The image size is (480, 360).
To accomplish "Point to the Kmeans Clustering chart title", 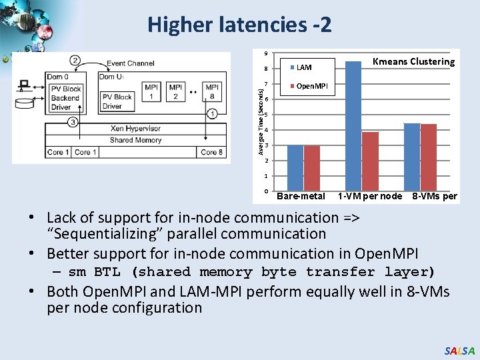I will click(413, 62).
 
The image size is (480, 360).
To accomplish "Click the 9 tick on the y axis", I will click(265, 53).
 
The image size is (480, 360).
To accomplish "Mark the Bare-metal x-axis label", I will click(301, 196).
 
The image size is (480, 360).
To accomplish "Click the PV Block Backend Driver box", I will click(65, 97).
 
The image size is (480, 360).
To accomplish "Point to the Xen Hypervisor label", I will click(135, 129).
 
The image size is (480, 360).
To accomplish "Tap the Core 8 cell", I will click(211, 153).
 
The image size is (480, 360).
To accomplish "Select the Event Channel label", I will click(131, 63).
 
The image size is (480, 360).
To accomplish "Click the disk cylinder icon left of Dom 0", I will click(25, 103).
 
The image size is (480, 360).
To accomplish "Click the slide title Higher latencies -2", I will click(239, 25).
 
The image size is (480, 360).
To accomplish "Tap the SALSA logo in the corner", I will click(460, 351).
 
